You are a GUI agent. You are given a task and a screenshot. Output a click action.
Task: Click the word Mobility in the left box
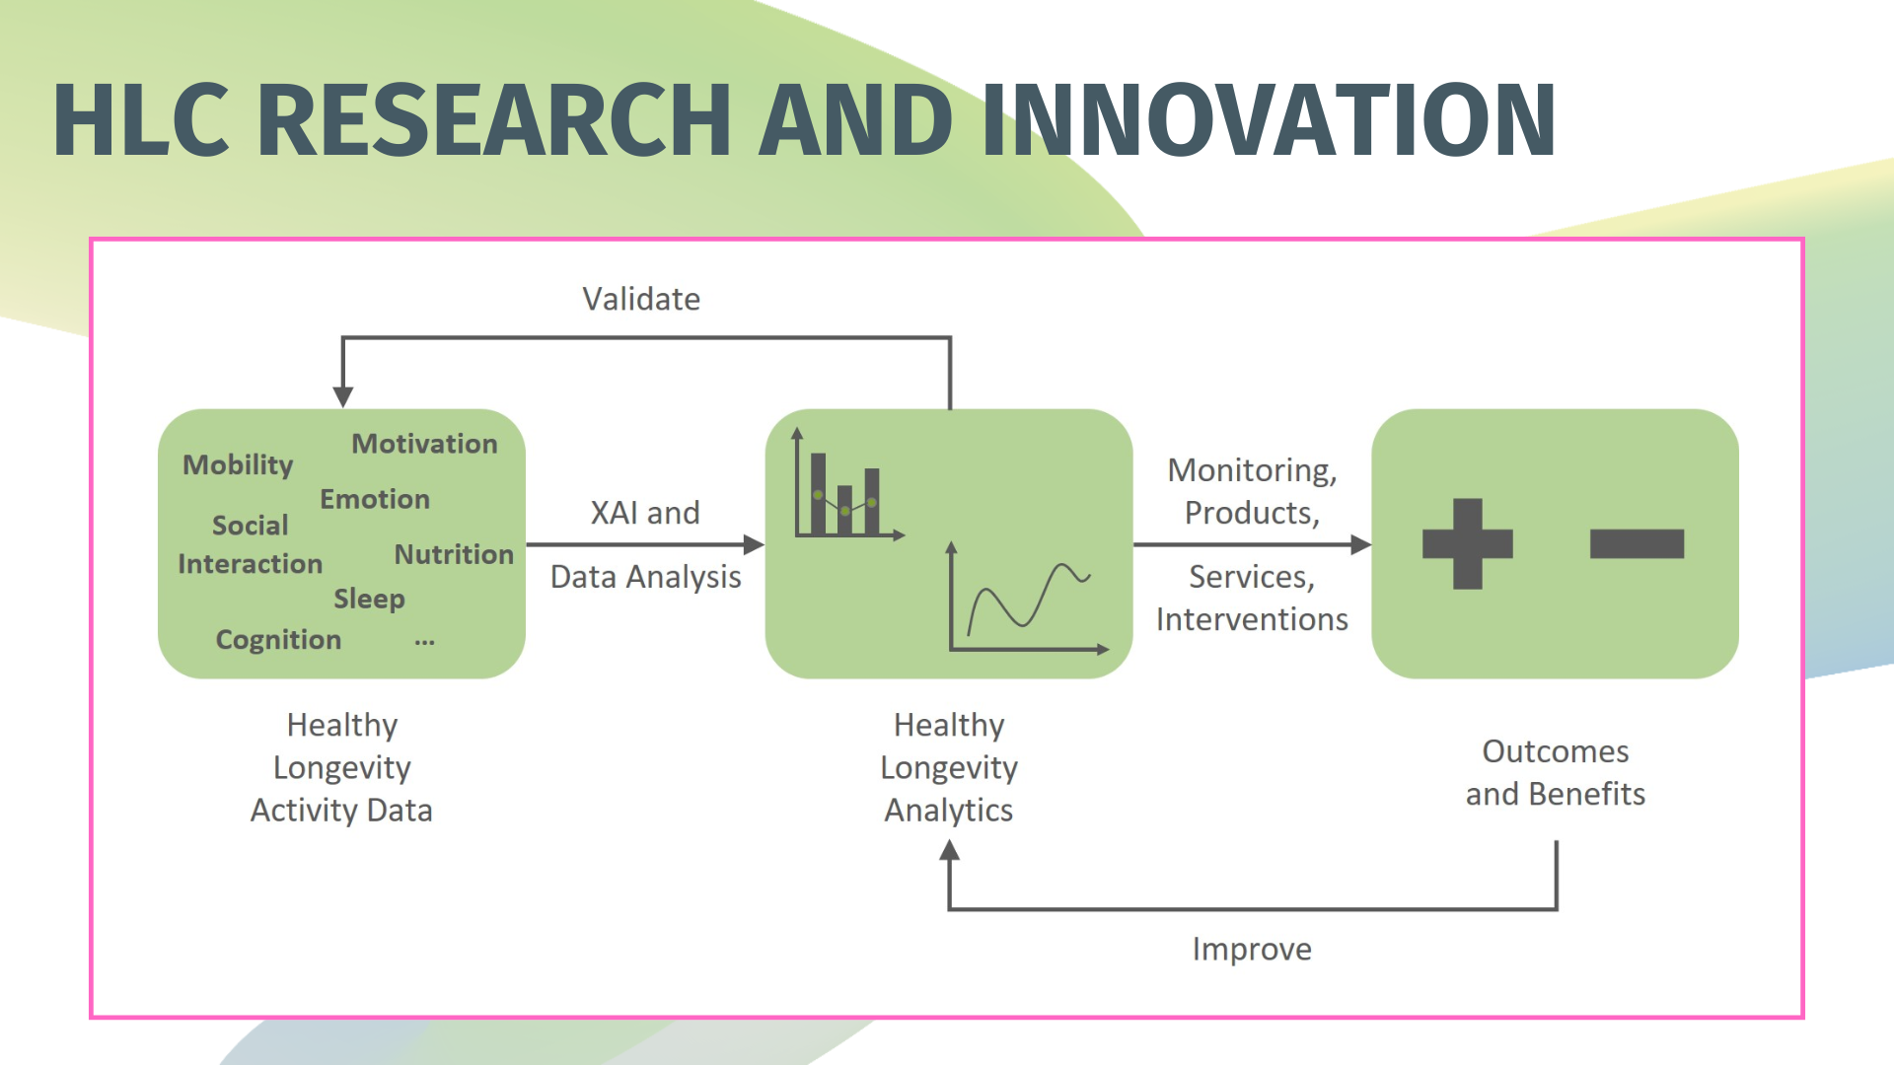[238, 464]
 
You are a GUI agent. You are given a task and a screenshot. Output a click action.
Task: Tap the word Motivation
[424, 444]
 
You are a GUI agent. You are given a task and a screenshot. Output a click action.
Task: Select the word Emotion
[375, 499]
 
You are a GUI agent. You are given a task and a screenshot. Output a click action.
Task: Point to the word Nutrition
[454, 554]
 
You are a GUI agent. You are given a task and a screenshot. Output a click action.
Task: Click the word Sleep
[369, 599]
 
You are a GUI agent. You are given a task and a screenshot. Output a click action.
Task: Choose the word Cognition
[278, 640]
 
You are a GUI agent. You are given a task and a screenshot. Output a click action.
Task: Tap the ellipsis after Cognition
[424, 642]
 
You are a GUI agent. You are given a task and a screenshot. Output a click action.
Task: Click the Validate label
[641, 299]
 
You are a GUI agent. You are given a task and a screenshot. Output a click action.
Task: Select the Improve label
[1252, 949]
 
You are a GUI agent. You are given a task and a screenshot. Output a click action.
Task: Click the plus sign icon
[1467, 543]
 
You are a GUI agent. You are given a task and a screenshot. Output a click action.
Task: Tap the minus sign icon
[1637, 543]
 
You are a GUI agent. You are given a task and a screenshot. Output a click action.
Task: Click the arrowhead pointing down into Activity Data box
[342, 396]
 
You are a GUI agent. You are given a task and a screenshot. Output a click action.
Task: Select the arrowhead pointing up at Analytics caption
[949, 850]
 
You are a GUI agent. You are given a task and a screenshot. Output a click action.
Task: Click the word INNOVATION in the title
[1269, 120]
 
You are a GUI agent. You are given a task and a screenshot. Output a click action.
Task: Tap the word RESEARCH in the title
[493, 120]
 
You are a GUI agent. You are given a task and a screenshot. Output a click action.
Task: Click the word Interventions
[1252, 619]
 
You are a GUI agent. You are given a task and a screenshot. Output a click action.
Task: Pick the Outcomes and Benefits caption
[1555, 772]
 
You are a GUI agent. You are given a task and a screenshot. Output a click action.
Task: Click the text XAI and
[645, 513]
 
